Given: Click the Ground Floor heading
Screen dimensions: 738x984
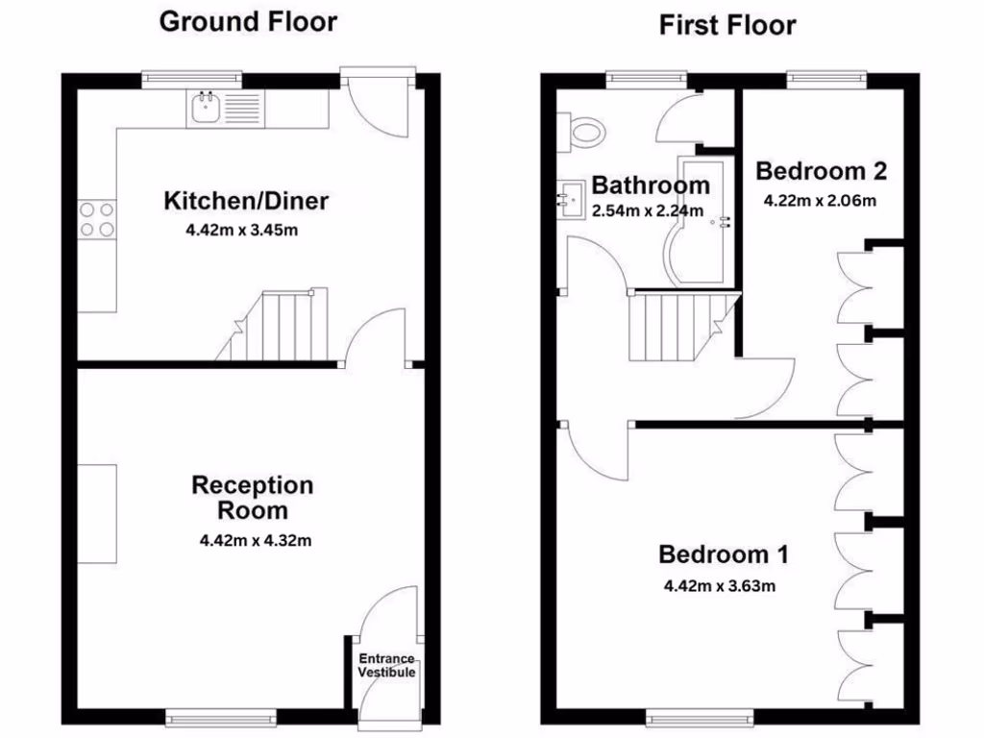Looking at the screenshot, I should tap(248, 21).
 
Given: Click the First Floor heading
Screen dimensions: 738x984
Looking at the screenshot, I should tap(727, 25).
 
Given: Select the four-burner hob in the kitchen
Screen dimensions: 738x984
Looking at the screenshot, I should tap(96, 218).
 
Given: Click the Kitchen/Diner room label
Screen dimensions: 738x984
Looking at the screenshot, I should tap(246, 201).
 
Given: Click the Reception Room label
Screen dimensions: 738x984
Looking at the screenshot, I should tap(252, 497).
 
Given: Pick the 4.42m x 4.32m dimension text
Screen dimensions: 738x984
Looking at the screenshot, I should tap(256, 540).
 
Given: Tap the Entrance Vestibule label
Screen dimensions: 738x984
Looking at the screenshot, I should tap(387, 665).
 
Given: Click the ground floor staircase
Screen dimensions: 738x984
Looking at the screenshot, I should tap(274, 327).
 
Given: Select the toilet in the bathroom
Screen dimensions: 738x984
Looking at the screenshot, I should tap(582, 129).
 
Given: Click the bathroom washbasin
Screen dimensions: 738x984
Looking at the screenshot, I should tap(570, 200).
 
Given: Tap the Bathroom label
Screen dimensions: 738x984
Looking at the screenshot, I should tap(651, 185).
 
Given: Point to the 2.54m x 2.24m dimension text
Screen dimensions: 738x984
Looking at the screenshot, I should tap(648, 210).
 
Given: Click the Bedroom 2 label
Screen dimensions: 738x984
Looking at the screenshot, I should tap(821, 171).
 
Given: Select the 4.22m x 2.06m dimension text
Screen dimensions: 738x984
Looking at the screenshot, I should tap(820, 201).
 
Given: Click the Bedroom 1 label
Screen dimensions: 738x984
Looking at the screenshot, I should tap(724, 554).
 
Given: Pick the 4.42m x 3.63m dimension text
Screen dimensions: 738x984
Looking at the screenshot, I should tap(719, 585).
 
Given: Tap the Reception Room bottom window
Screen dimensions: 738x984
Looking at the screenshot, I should tap(220, 716).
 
